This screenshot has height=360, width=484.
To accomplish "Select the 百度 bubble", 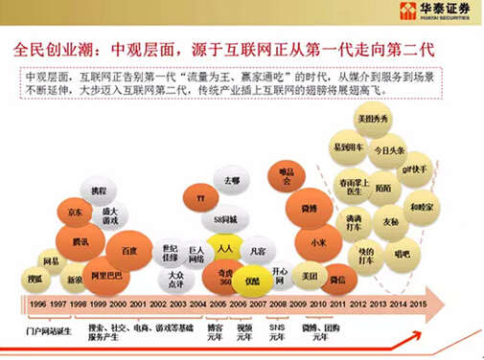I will point(128,251).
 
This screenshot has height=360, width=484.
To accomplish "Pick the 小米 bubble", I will point(317,243).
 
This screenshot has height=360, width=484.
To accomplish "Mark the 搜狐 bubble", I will point(35,280).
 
